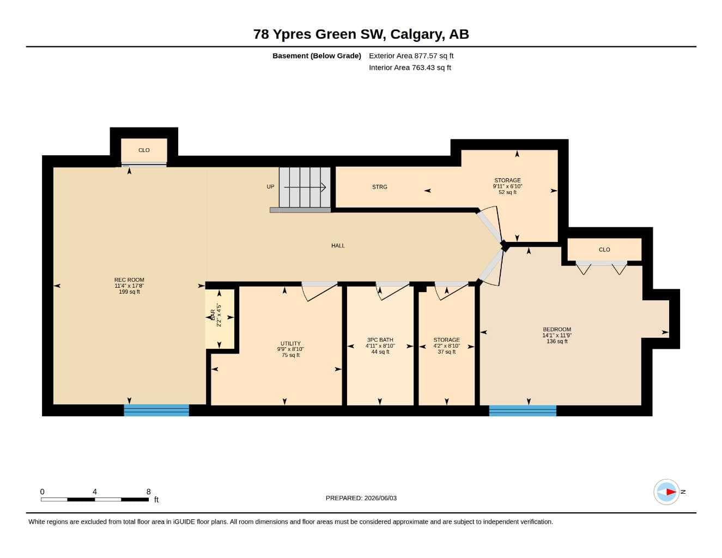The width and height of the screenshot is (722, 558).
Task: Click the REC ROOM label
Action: [x=129, y=286]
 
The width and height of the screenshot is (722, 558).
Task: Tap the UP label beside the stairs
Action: [x=270, y=187]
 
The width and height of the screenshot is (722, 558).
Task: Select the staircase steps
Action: [x=305, y=187]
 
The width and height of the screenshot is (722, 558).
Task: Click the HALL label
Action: [x=338, y=245]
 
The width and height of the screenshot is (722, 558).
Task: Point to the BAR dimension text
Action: [x=219, y=315]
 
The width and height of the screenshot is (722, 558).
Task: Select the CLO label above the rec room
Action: [x=144, y=150]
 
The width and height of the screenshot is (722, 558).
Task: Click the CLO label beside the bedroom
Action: [x=604, y=250]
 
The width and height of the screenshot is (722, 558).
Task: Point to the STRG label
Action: [x=379, y=187]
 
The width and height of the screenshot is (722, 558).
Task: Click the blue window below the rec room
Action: [x=156, y=410]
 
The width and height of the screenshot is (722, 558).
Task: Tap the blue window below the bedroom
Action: [x=523, y=410]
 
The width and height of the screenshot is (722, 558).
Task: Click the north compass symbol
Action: [x=666, y=492]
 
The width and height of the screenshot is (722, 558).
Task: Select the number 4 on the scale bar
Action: [x=95, y=492]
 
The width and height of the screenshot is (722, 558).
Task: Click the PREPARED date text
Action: [x=361, y=498]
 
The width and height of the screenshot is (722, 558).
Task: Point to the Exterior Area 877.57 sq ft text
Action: [x=411, y=56]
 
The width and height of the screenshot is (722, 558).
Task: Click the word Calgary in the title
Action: [x=417, y=34]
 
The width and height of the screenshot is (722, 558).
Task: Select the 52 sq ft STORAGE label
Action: [x=507, y=186]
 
